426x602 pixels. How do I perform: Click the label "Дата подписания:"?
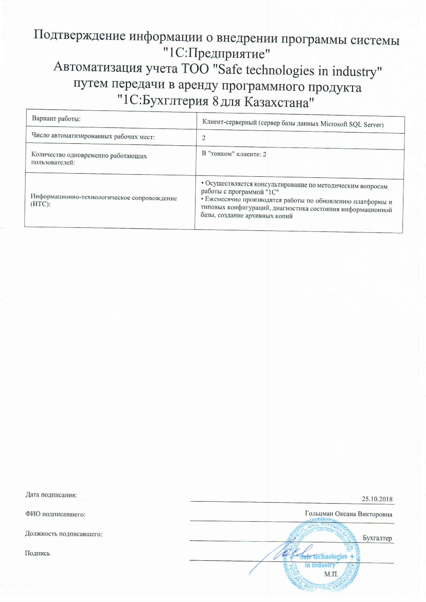tap(51, 495)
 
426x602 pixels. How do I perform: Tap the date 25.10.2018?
tap(377, 499)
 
